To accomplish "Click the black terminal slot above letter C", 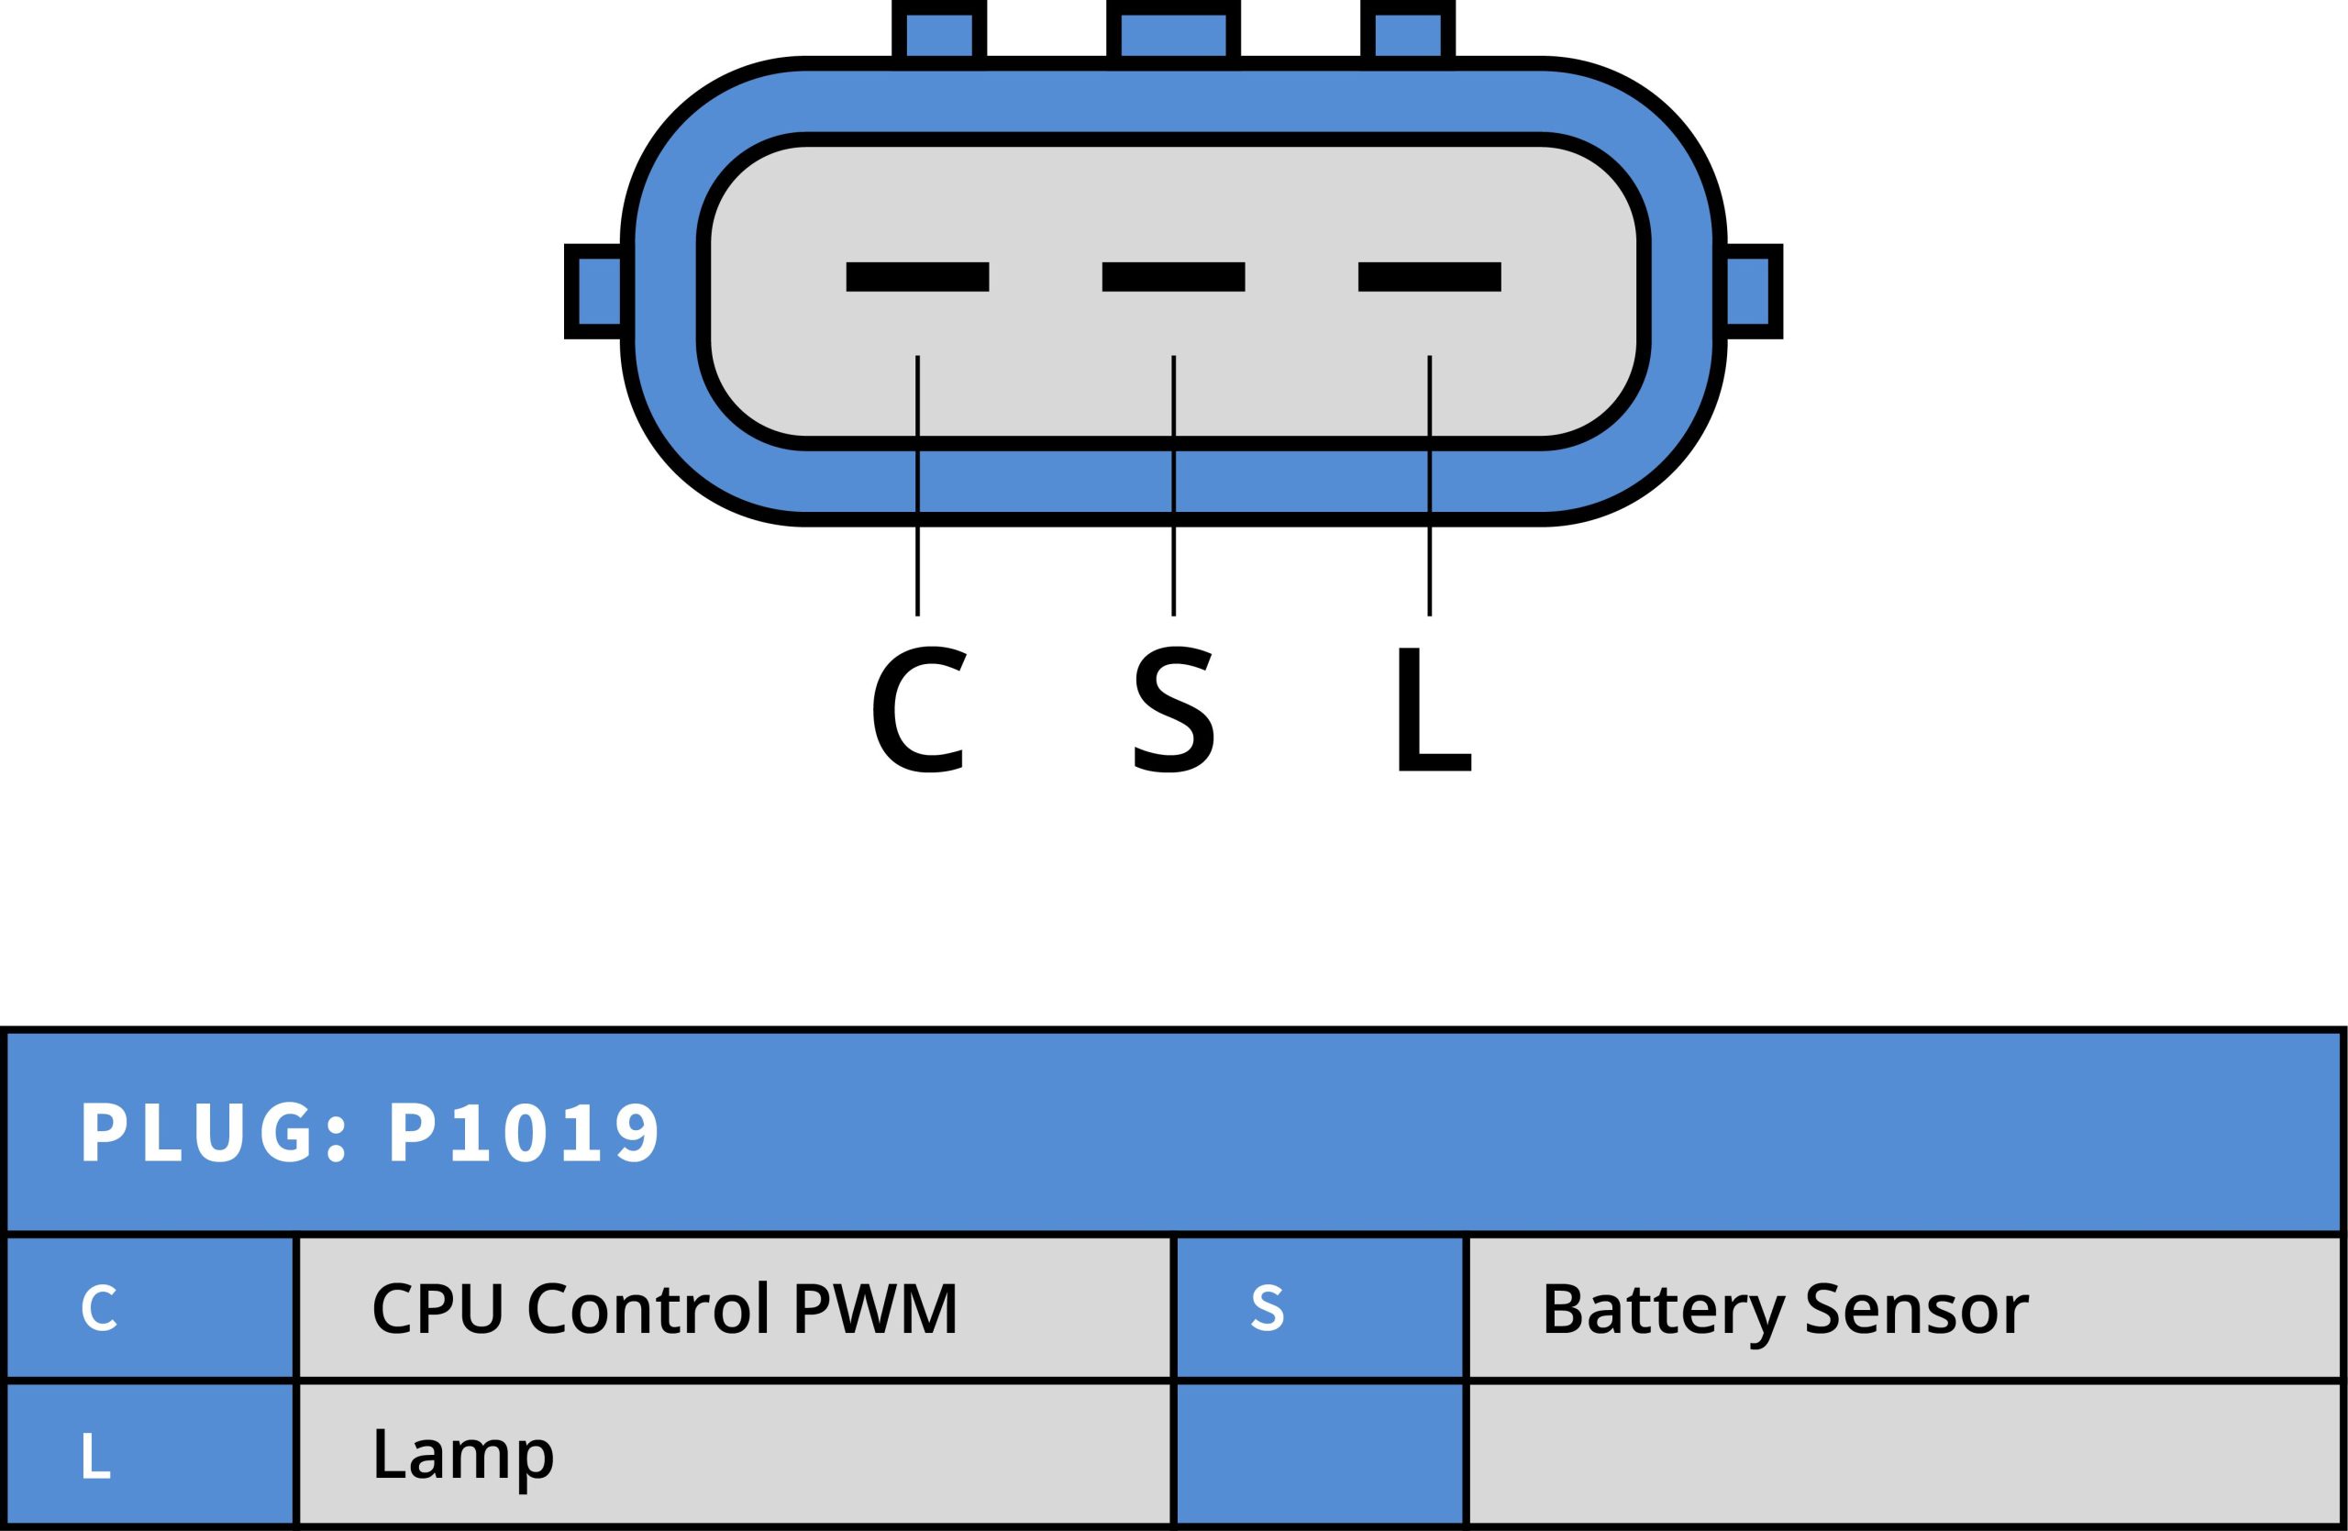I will (916, 276).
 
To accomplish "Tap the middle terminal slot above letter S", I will (1173, 276).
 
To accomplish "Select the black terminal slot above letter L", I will (1429, 276).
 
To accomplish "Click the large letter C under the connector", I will (918, 709).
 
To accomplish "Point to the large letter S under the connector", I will (1173, 709).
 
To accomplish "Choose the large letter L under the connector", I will (1434, 709).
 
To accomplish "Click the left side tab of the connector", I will (598, 291).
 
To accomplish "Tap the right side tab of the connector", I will (1751, 291).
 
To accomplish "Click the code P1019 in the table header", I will (524, 1133).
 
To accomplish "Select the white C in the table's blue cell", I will (99, 1308).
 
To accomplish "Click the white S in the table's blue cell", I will (1268, 1308).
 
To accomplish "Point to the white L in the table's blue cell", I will (95, 1455).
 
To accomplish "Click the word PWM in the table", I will (875, 1308).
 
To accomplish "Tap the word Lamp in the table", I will (462, 1455).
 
